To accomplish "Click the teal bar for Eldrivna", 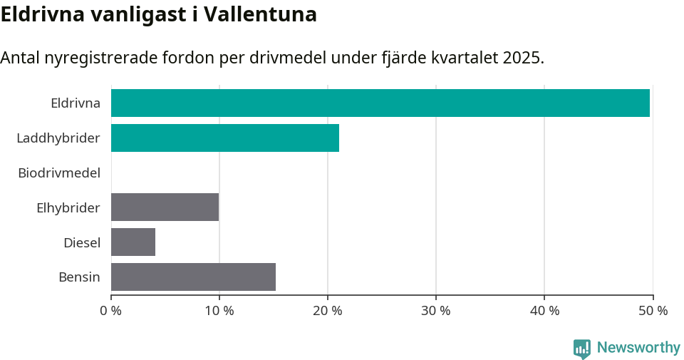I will (x=380, y=103).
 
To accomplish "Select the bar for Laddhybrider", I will (x=225, y=138).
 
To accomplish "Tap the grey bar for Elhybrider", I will (x=165, y=207).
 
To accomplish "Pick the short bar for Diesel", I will (x=133, y=242).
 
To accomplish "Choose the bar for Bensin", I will (x=193, y=277).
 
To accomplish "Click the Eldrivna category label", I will (x=76, y=103).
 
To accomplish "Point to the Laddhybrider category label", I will (x=58, y=138).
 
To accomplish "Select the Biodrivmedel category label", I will (x=59, y=173).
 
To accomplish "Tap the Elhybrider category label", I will (x=68, y=208).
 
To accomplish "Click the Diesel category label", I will (x=82, y=242).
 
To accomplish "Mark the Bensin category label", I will (x=79, y=277).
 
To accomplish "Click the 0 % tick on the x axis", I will (x=111, y=311).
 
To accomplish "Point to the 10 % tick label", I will (x=219, y=311).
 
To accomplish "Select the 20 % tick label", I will (x=328, y=311).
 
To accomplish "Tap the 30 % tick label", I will (x=436, y=311).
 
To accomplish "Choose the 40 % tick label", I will (x=544, y=311).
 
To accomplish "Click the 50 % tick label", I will (x=653, y=311).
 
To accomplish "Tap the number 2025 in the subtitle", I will (x=522, y=58).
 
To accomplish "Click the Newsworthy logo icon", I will (x=582, y=349).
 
